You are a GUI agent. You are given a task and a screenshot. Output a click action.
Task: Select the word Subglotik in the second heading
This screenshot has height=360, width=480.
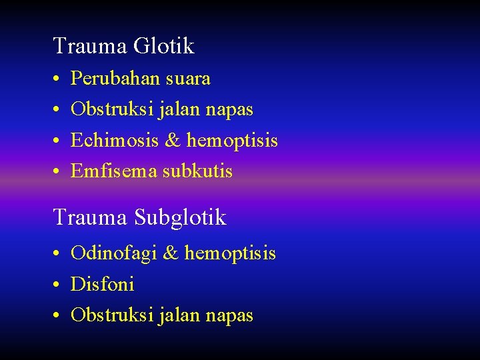(x=180, y=218)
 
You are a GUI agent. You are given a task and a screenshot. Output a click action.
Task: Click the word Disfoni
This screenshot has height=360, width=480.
(x=103, y=285)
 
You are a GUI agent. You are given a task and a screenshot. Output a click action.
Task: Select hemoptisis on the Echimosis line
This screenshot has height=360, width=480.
(x=232, y=141)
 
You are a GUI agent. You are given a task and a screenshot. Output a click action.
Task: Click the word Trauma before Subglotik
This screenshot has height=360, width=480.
(x=91, y=218)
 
